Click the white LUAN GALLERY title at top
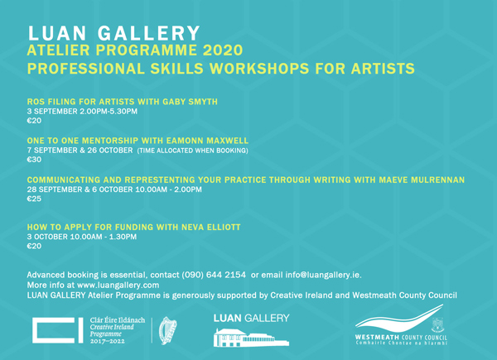coord(114,33)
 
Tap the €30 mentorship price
coord(34,160)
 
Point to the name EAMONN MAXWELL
coord(207,141)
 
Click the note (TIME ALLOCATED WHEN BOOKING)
coord(193,151)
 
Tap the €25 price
coord(34,199)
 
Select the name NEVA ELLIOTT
coord(211,227)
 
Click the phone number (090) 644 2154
coord(214,275)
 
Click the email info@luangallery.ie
coord(323,275)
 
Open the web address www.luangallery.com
coord(118,285)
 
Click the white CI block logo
coord(58,330)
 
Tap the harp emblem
coord(167,330)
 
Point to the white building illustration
coord(251,338)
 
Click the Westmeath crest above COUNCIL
coord(438,325)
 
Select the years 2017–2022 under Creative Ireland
coord(108,341)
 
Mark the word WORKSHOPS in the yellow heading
coord(259,69)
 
